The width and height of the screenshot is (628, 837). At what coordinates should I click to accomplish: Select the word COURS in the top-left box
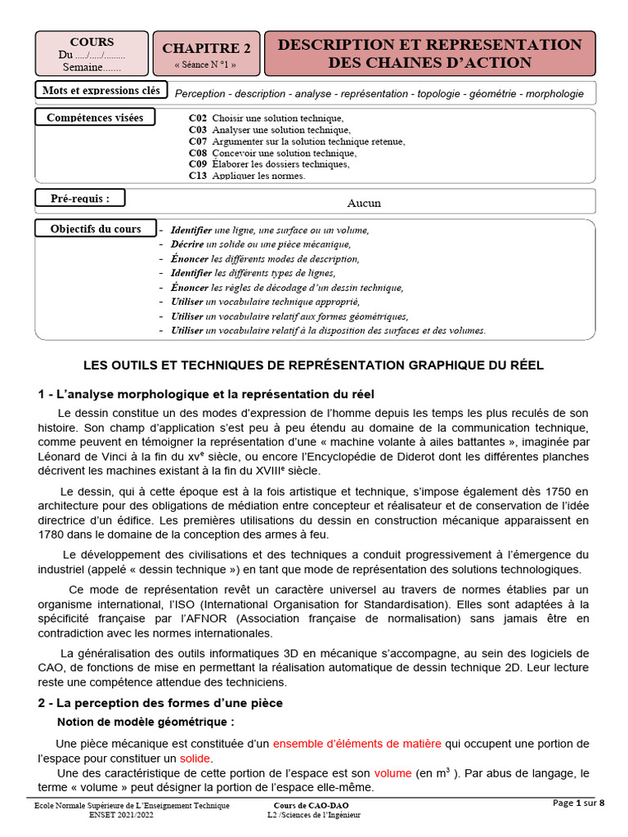(92, 42)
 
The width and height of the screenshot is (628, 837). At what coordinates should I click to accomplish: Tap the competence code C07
(197, 141)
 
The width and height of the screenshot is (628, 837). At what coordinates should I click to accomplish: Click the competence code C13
(197, 175)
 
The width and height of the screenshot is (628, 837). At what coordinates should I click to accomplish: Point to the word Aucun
(364, 203)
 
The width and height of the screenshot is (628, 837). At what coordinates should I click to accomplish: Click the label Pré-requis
(79, 197)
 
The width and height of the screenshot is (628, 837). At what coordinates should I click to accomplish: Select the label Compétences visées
(95, 118)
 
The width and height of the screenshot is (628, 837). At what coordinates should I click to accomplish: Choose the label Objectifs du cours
(96, 229)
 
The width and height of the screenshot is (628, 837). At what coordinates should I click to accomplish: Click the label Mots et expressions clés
(101, 90)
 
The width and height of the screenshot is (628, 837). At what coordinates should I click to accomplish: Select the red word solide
(195, 758)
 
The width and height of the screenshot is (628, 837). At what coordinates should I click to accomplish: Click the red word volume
(393, 772)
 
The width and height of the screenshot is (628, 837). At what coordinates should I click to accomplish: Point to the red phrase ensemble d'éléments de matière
(357, 743)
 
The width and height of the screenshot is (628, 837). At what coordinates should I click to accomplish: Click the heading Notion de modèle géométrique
(146, 722)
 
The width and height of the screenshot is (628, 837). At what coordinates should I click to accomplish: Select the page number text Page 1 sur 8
(579, 803)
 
